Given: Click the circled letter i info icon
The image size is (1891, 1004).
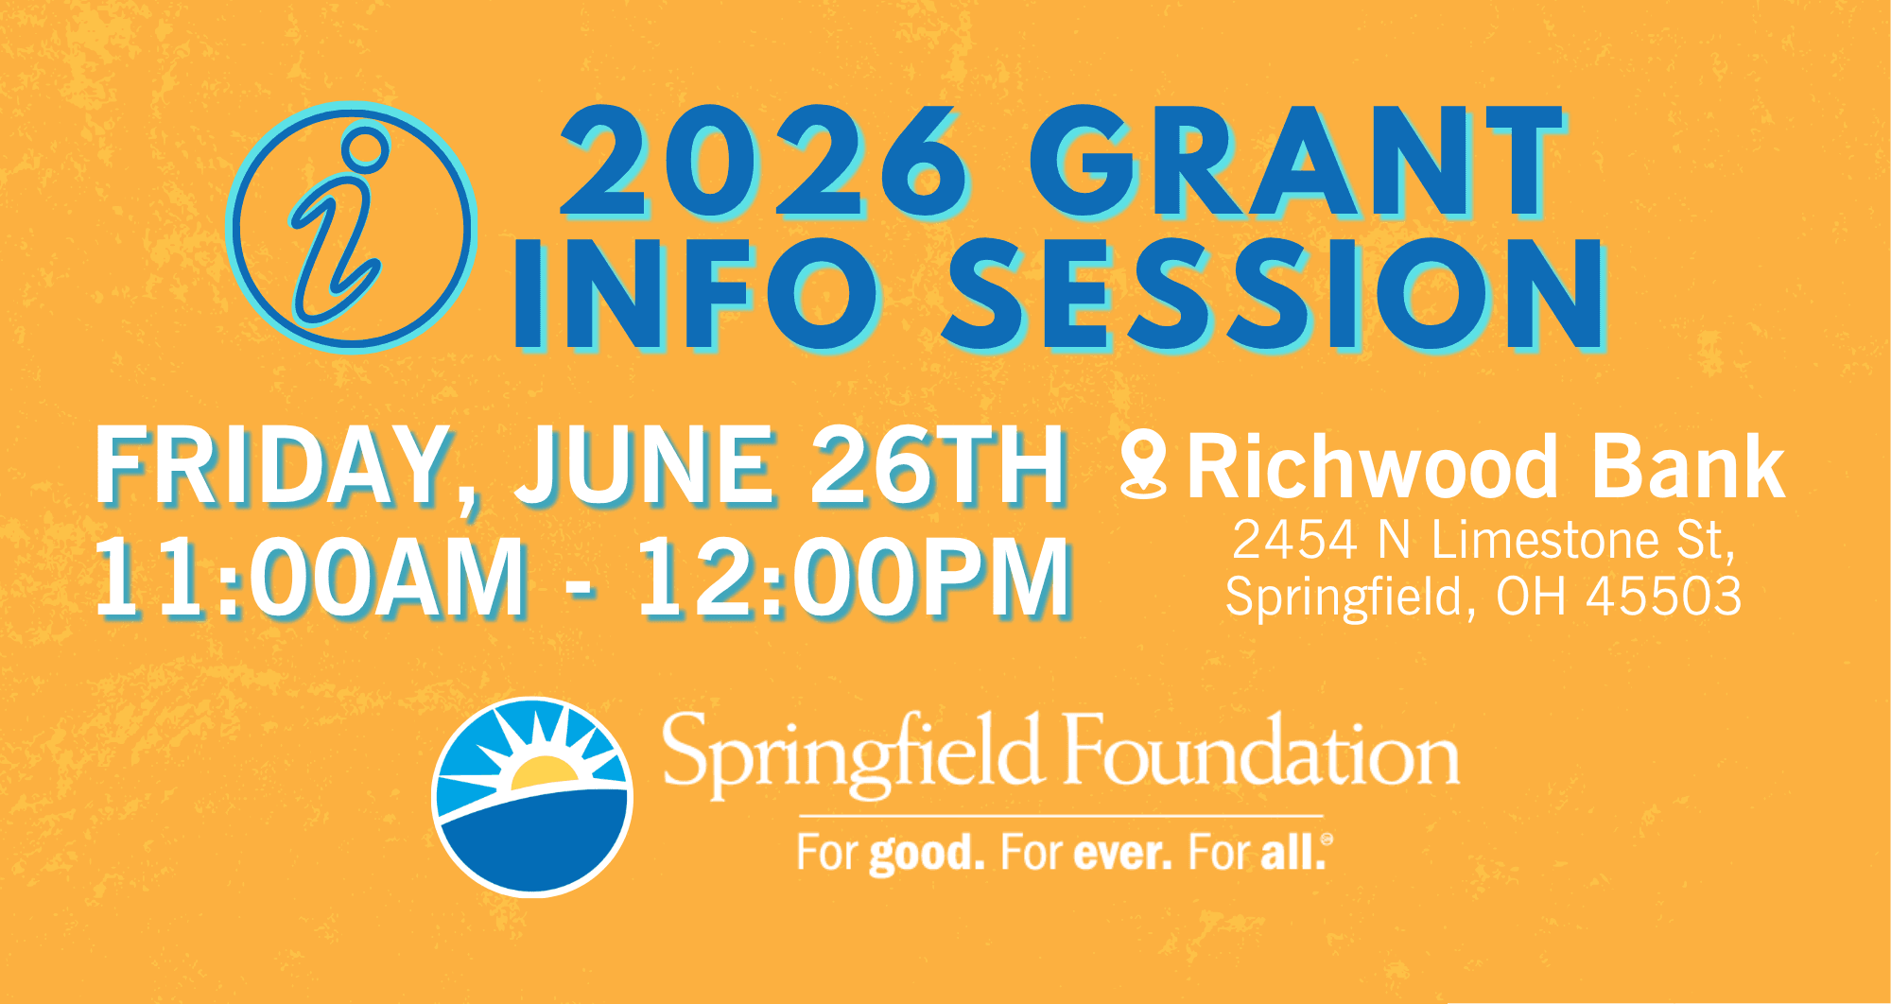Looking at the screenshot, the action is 352,227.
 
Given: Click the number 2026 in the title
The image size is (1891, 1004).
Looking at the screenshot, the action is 765,162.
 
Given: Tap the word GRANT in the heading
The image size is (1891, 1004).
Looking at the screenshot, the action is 1295,162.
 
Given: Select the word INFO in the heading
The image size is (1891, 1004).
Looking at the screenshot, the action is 696,293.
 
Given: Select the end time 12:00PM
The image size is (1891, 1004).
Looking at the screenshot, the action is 855,578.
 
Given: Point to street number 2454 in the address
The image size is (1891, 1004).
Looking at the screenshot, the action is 1294,540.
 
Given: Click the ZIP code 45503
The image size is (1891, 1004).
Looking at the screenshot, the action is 1664,597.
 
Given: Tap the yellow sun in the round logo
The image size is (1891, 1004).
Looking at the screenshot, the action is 545,773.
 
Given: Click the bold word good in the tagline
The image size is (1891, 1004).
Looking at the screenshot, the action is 927,854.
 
